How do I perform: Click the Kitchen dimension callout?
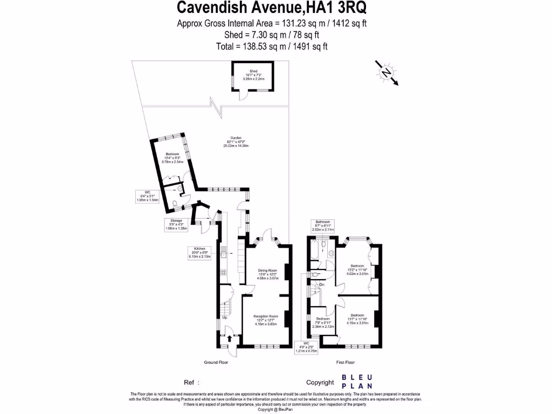[201, 252]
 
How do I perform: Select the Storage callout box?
[177, 225]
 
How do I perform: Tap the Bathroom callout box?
[323, 225]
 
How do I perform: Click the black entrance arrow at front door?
[231, 339]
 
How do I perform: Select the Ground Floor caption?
[216, 362]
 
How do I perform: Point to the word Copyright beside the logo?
[320, 382]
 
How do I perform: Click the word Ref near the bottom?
[190, 382]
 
